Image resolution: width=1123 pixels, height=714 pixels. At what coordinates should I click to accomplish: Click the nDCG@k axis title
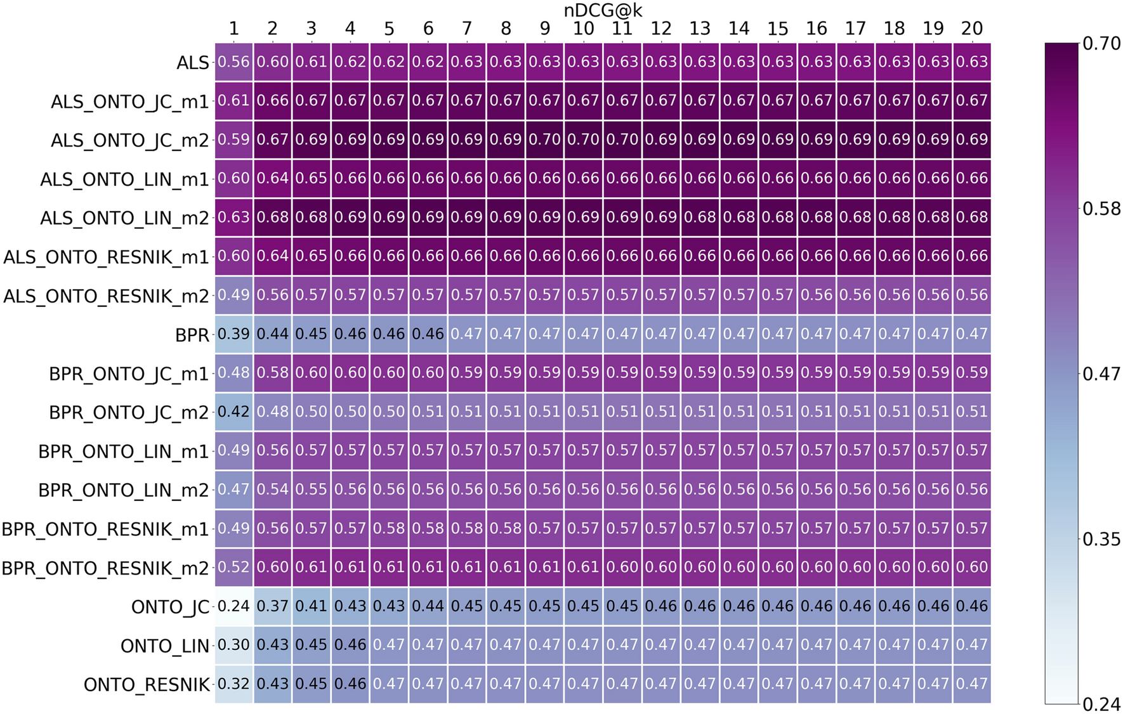tap(603, 10)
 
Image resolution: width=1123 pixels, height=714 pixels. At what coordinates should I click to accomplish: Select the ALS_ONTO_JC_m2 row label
tap(130, 140)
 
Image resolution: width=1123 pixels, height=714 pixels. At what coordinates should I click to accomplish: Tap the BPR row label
tap(192, 335)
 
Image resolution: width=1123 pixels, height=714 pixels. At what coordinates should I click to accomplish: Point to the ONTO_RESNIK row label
tap(147, 685)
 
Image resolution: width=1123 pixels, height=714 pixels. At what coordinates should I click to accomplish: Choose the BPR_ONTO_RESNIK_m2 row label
tap(105, 568)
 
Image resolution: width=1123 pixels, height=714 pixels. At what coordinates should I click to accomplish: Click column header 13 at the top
tap(700, 29)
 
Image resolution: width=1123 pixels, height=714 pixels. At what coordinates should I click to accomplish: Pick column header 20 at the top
tap(971, 29)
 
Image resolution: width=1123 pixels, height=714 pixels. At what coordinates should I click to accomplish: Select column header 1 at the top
tap(233, 29)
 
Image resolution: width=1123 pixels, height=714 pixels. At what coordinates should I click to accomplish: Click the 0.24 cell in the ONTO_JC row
tap(233, 606)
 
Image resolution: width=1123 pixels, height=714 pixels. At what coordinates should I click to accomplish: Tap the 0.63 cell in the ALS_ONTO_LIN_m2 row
tap(233, 217)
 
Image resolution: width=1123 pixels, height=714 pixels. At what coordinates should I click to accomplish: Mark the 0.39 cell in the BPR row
tap(233, 334)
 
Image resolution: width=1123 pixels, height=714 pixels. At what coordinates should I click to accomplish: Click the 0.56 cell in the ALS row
tap(233, 62)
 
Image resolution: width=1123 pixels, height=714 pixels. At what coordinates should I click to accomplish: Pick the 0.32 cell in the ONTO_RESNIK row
tap(233, 684)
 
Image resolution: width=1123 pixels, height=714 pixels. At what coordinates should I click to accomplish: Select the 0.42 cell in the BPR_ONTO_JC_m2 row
tap(233, 412)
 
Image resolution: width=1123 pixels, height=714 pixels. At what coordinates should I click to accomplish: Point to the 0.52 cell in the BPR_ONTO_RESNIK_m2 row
tap(233, 567)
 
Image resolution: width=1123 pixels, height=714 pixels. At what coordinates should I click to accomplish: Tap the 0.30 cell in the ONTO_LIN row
tap(233, 645)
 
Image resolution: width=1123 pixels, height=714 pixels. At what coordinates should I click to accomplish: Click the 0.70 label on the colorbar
tap(1101, 44)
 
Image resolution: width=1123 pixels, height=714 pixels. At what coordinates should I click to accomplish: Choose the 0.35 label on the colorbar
tap(1101, 539)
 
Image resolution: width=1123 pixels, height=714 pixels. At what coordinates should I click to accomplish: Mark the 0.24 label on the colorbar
tap(1101, 704)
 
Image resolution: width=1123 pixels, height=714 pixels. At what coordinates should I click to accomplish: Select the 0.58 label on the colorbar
tap(1101, 209)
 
